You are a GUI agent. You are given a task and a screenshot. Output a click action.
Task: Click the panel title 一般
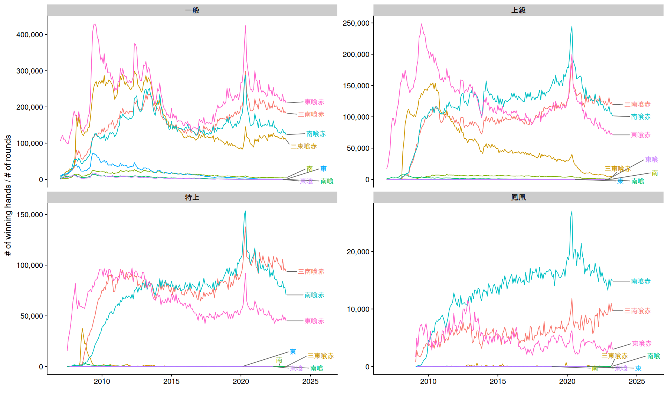pyautogui.click(x=192, y=10)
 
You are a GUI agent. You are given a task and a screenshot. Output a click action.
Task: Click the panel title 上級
pyautogui.click(x=518, y=10)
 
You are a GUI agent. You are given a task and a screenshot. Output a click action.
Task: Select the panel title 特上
pyautogui.click(x=192, y=198)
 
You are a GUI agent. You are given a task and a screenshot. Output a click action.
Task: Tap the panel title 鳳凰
pyautogui.click(x=518, y=198)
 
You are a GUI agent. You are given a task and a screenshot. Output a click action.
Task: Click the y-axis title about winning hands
pyautogui.click(x=8, y=195)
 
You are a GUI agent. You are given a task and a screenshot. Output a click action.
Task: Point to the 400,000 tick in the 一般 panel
pyautogui.click(x=30, y=35)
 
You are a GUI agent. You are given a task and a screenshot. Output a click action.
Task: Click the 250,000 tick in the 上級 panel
pyautogui.click(x=356, y=23)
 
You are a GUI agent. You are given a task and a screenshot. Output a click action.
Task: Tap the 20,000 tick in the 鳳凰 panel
pyautogui.click(x=358, y=252)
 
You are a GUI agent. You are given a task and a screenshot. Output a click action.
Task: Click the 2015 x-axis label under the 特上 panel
pyautogui.click(x=171, y=381)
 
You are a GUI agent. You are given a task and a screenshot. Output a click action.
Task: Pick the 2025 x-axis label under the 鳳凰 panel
pyautogui.click(x=636, y=381)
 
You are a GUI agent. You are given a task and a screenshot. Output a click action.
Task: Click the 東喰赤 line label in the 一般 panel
pyautogui.click(x=314, y=102)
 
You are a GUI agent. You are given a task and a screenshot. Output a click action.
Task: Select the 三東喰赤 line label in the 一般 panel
pyautogui.click(x=304, y=146)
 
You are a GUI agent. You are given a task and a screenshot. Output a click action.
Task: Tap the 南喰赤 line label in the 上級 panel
pyautogui.click(x=641, y=117)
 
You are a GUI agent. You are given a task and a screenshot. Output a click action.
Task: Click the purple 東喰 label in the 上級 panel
pyautogui.click(x=651, y=160)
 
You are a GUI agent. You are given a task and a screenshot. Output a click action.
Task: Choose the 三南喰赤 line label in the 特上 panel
pyautogui.click(x=311, y=272)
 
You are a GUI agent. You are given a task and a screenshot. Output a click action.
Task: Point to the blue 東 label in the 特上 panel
pyautogui.click(x=293, y=352)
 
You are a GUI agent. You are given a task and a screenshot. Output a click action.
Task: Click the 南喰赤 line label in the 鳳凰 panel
pyautogui.click(x=641, y=281)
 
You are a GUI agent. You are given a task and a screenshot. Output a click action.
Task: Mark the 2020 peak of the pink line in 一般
pyautogui.click(x=245, y=26)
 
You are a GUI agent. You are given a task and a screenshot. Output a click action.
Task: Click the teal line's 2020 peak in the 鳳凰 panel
pyautogui.click(x=572, y=211)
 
